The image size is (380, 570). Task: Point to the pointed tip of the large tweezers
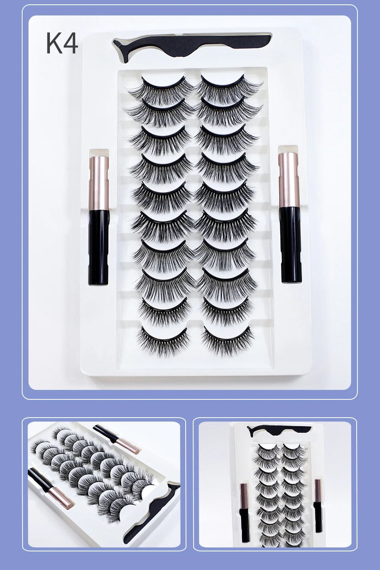114,41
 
